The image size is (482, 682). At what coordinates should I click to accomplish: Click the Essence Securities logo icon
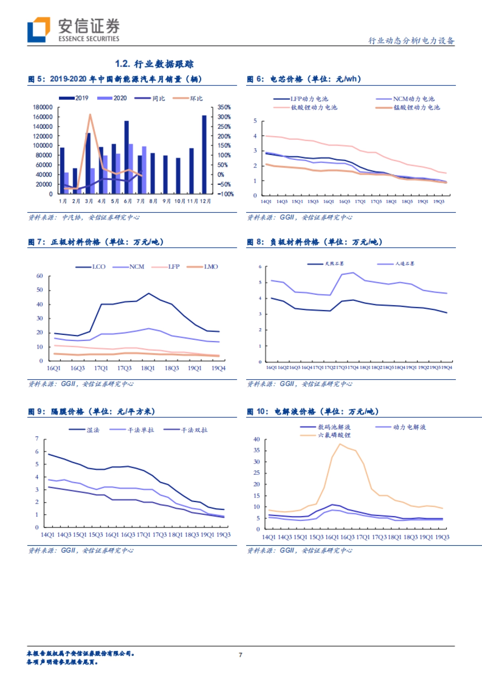[39, 29]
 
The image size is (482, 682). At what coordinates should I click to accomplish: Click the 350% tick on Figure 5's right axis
[224, 107]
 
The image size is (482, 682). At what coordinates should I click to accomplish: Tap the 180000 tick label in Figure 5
[43, 107]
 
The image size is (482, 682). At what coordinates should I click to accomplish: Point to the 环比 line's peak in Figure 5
[90, 114]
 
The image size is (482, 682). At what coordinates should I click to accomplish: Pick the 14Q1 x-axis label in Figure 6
[266, 202]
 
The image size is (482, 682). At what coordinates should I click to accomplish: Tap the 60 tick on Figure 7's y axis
[39, 276]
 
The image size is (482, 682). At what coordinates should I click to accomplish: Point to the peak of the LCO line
[149, 293]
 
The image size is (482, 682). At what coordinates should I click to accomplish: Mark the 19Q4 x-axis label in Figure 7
[219, 368]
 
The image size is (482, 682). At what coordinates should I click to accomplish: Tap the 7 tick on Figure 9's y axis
[37, 439]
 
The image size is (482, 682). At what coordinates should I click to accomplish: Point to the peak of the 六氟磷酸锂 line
[340, 444]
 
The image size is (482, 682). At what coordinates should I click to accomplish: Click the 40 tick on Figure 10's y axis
[257, 439]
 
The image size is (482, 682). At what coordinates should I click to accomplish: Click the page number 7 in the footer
[241, 655]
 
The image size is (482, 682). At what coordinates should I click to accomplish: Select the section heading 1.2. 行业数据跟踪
[154, 64]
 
